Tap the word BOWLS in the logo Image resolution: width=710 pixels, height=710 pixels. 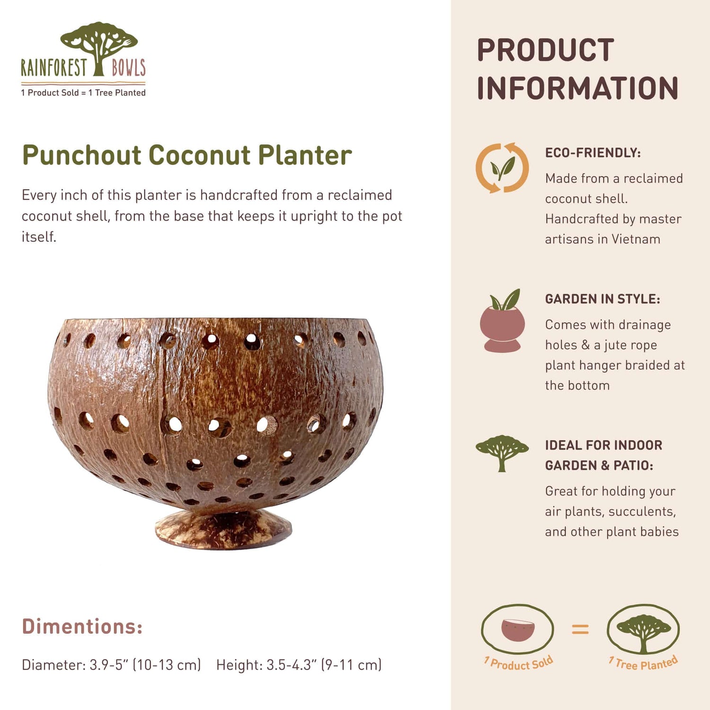(x=128, y=68)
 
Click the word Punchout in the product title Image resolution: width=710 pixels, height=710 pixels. (x=82, y=155)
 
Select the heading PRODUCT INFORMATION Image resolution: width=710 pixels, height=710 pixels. (x=577, y=69)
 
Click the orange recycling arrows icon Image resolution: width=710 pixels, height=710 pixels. (x=502, y=168)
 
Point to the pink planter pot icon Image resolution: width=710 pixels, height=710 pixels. (x=502, y=324)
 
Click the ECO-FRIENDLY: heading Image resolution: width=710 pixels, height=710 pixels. (x=593, y=153)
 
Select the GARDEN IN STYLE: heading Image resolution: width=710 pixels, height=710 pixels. (x=602, y=299)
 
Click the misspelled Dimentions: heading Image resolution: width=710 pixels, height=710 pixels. (x=82, y=627)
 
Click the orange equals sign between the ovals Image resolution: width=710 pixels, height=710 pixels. (x=580, y=629)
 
